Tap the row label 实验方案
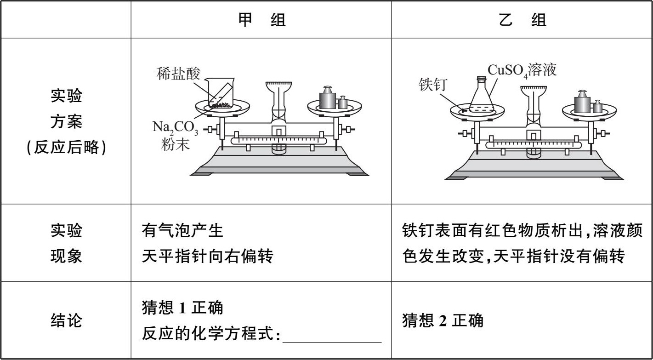pyautogui.click(x=66, y=122)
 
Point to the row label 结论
pyautogui.click(x=66, y=320)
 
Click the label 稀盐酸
pyautogui.click(x=178, y=74)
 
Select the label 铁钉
pyautogui.click(x=432, y=85)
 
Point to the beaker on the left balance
pyautogui.click(x=220, y=93)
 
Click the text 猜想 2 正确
pyautogui.click(x=443, y=320)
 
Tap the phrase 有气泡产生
pyautogui.click(x=183, y=231)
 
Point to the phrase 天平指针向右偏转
pyautogui.click(x=208, y=256)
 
